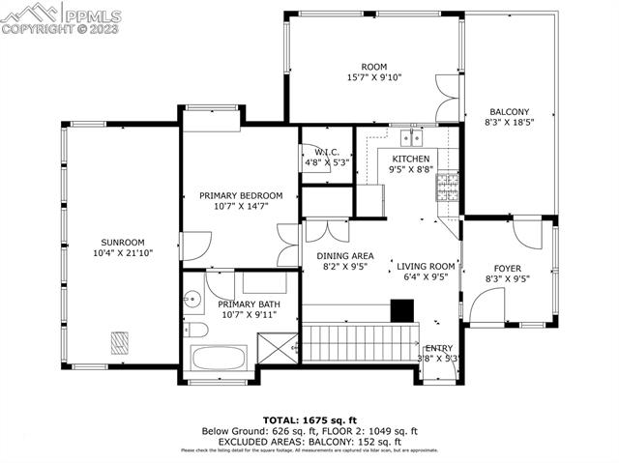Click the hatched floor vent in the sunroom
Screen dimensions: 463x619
(120, 341)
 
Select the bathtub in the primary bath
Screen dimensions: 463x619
(219, 358)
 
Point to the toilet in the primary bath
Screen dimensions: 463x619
(197, 331)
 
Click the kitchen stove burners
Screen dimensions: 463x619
(447, 187)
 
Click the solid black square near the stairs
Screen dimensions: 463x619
(401, 308)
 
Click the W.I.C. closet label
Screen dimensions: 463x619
(324, 152)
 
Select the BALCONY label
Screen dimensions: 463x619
(507, 112)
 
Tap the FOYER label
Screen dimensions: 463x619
(507, 268)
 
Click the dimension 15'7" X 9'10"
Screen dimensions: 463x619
(373, 76)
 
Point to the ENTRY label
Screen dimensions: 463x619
(439, 348)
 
